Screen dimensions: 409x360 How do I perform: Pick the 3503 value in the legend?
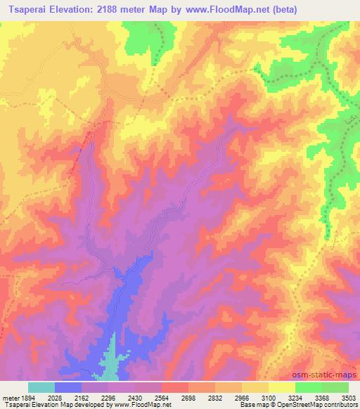[x=345, y=398]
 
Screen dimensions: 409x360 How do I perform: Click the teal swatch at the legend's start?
[x=41, y=387]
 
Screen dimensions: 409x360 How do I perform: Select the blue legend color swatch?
[x=68, y=387]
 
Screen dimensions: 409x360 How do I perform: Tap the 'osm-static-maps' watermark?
[x=327, y=375]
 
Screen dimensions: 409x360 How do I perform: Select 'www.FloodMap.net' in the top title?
[x=224, y=10]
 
